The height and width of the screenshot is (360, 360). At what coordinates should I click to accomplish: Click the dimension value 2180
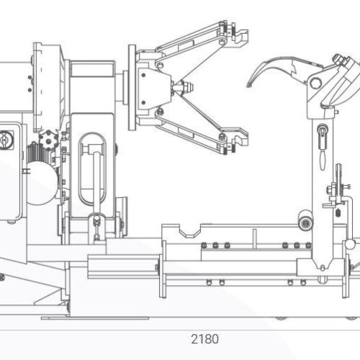(x=204, y=339)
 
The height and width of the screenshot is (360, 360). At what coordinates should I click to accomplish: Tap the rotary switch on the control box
(x=4, y=140)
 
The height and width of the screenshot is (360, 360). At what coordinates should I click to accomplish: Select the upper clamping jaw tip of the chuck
(x=241, y=36)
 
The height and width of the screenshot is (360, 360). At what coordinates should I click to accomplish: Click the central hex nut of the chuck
(x=186, y=87)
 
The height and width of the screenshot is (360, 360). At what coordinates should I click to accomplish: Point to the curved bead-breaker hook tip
(x=250, y=84)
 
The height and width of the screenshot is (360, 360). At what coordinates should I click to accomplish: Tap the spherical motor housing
(x=42, y=183)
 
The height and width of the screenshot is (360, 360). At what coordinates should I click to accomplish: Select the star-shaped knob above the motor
(x=49, y=139)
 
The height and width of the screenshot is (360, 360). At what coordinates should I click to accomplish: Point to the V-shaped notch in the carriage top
(x=190, y=233)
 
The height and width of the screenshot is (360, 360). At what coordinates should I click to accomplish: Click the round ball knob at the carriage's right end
(x=350, y=244)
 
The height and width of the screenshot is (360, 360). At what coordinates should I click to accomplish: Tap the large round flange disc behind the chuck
(x=132, y=87)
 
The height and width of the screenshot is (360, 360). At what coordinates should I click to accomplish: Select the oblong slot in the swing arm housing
(x=92, y=168)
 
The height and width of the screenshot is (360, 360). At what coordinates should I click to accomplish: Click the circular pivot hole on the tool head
(x=315, y=84)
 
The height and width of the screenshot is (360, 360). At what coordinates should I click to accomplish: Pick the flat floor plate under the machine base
(x=95, y=318)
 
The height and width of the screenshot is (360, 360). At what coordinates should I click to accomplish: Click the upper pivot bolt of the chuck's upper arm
(x=222, y=42)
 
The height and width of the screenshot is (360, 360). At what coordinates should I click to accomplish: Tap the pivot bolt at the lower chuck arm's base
(x=159, y=111)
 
